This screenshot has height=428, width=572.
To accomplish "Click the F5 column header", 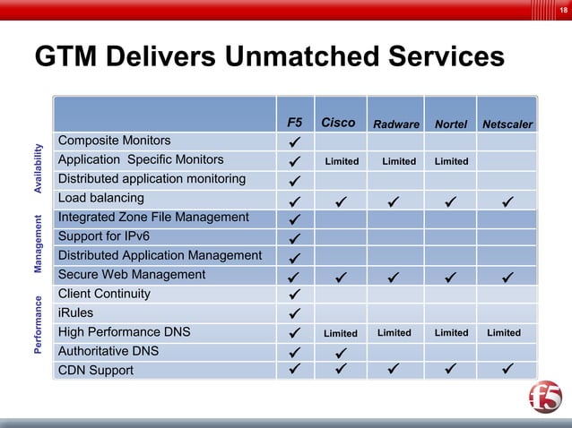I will (x=294, y=124).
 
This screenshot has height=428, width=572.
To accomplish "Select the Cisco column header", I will (x=338, y=123).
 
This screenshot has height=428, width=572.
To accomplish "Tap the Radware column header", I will (x=395, y=124).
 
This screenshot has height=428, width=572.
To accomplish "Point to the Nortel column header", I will (x=451, y=124).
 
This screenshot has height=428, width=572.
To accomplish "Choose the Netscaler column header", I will (x=507, y=124).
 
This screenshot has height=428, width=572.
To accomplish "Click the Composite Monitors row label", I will (x=114, y=141).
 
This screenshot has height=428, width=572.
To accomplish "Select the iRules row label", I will (x=75, y=313).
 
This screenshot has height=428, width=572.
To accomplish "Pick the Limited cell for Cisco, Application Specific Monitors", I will (x=342, y=161).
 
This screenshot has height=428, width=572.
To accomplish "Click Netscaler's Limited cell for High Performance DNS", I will (x=504, y=332).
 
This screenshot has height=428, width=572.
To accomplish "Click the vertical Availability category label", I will (x=39, y=169).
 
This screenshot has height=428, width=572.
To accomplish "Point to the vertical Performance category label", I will (x=39, y=324).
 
